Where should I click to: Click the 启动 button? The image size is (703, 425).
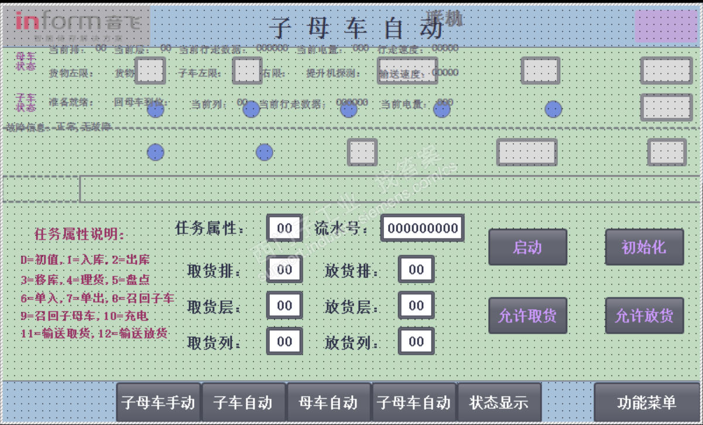coord(527,247)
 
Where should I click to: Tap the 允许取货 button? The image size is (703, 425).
coord(527,316)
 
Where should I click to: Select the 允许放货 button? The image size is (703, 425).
coord(644,316)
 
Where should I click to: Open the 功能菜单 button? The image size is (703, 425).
coord(646,402)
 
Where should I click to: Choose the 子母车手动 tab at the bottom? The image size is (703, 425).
coord(158,402)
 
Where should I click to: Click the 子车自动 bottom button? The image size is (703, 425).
coord(243,402)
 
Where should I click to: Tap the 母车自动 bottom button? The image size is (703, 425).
coord(328,402)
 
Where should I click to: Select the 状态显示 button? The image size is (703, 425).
coord(499,402)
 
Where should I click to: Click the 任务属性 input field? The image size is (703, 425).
coord(284,228)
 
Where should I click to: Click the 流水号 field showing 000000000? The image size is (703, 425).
coord(422,228)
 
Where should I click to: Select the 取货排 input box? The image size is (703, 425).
coord(284,270)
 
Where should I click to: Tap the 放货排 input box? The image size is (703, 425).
coord(416,270)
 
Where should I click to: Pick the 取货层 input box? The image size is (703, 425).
coord(284,306)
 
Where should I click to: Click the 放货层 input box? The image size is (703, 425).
coord(416,306)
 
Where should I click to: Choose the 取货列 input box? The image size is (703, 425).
coord(284,341)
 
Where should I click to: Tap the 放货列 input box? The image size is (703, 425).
coord(416,341)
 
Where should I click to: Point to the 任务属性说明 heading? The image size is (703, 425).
coord(80,235)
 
